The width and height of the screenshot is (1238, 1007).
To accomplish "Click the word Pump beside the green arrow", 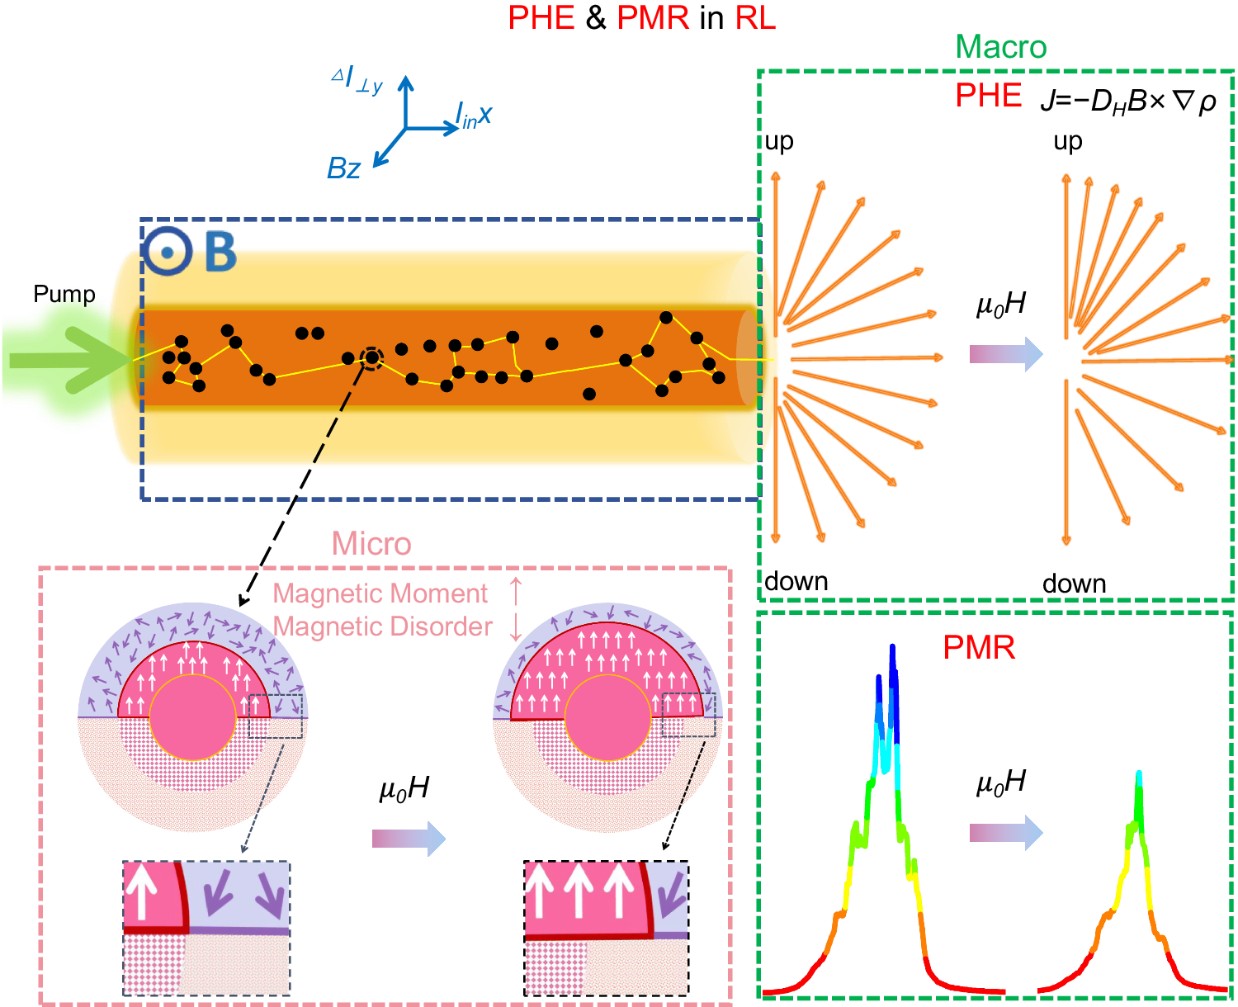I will pyautogui.click(x=64, y=295).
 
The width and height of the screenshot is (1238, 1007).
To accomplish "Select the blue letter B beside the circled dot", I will pyautogui.click(x=220, y=252).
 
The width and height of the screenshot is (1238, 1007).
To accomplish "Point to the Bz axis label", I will pyautogui.click(x=343, y=168).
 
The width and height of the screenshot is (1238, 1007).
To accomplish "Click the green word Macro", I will pyautogui.click(x=1000, y=47).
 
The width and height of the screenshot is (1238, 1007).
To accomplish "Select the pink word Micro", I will pyautogui.click(x=371, y=544).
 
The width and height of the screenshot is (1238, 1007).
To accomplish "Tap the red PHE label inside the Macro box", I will pyautogui.click(x=988, y=97).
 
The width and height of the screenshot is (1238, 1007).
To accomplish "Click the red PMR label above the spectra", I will pyautogui.click(x=978, y=648).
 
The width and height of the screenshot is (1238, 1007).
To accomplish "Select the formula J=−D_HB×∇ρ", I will pyautogui.click(x=1127, y=101).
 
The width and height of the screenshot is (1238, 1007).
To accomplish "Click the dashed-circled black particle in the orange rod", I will pyautogui.click(x=372, y=357).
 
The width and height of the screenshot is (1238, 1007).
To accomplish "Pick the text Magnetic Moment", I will pyautogui.click(x=380, y=593).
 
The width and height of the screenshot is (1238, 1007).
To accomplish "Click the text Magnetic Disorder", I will pyautogui.click(x=382, y=626).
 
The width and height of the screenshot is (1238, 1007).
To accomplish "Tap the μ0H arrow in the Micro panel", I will pyautogui.click(x=409, y=839).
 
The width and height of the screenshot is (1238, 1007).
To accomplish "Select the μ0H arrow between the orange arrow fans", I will pyautogui.click(x=1005, y=354).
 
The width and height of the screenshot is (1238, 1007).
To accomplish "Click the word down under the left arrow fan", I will pyautogui.click(x=796, y=581).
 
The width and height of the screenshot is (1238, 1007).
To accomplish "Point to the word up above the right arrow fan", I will pyautogui.click(x=1067, y=142).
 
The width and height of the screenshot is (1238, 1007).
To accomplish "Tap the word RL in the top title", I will pyautogui.click(x=754, y=17).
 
